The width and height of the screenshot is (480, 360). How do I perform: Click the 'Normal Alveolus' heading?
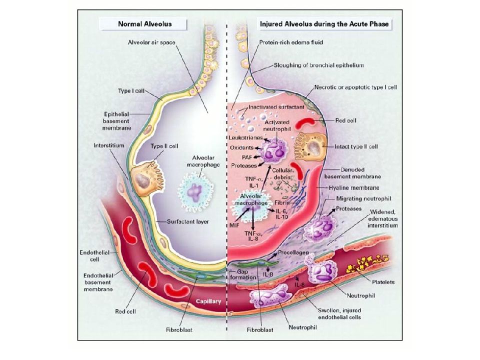145,24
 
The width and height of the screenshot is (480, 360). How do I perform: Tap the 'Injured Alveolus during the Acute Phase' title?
324,24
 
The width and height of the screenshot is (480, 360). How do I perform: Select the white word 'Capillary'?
208,301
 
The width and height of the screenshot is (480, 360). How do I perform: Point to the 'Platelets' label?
383,282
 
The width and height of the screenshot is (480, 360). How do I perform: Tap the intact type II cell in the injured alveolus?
311,146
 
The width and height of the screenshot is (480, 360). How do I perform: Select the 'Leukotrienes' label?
245,138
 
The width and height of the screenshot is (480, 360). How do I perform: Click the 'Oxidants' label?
241,147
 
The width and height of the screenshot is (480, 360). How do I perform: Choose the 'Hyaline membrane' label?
354,187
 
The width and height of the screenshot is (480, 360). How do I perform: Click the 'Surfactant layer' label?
187,221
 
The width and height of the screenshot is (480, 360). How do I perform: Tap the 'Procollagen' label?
293,253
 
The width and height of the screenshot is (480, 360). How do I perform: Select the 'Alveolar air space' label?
151,42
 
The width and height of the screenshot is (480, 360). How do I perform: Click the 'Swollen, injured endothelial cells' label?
339,314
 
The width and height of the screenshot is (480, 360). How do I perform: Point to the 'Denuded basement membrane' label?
352,173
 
